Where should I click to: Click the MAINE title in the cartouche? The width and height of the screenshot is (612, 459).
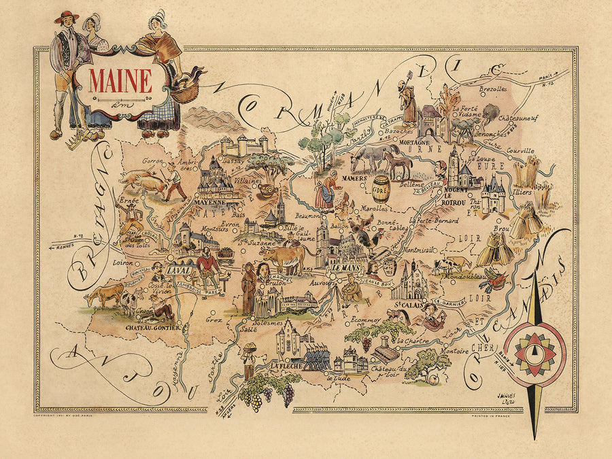pyautogui.click(x=120, y=80)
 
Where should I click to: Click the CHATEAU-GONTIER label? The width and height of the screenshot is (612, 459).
pyautogui.click(x=152, y=327)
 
